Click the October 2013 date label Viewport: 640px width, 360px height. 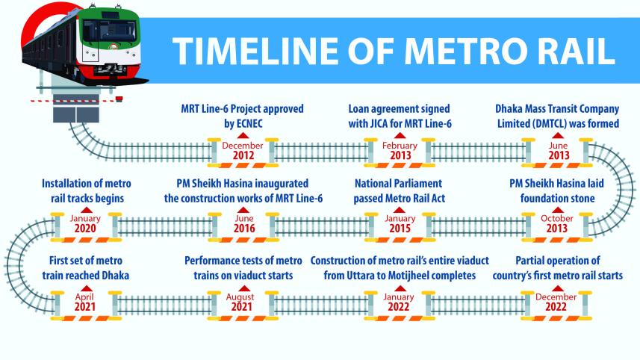558,223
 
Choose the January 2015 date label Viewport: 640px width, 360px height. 399,223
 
